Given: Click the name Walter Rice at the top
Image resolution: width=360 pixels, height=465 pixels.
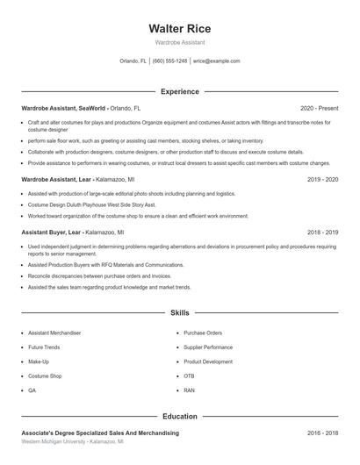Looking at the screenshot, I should pos(179,28).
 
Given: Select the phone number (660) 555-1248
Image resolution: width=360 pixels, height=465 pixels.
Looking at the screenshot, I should pos(169,61).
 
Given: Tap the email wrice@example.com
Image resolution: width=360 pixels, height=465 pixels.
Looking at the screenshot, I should pos(216,61).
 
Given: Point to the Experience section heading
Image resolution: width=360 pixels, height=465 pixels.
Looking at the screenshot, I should pos(179,91).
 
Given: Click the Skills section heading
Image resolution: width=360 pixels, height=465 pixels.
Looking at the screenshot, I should pos(179,312).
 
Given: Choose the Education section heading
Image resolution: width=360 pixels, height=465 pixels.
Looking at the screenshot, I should pos(179,417).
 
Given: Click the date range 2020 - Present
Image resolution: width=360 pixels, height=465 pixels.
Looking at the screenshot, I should pos(319,107).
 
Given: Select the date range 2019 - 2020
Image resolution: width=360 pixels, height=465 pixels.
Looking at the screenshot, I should pos(322,179).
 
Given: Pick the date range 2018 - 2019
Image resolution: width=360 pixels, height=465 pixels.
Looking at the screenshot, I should pos(322,232).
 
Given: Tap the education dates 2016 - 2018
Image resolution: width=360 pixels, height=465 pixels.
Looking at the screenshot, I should pos(322,433).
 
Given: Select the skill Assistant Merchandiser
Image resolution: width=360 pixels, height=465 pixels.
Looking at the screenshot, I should pos(54,333).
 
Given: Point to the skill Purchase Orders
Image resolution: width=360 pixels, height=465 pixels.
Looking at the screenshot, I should pos(203,333).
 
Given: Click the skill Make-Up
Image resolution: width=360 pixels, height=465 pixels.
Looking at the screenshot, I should pos(39,361).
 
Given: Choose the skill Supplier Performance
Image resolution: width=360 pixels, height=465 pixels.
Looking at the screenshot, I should pos(209,347).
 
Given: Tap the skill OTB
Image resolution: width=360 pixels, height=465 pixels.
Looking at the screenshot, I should pos(190,376).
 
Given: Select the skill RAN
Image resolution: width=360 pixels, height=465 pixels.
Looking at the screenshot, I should pos(190,390).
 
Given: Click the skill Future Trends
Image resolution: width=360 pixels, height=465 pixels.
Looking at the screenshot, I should pos(45,347).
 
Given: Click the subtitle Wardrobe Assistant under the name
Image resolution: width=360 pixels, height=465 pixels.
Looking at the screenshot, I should pos(179,42).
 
